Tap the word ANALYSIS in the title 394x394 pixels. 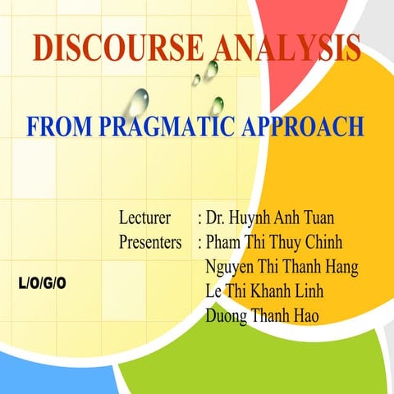point(286,49)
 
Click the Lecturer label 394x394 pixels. point(144,219)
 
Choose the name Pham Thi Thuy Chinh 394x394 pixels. point(274,243)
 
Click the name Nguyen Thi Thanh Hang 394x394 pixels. point(282,267)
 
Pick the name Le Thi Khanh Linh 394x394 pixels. point(264,291)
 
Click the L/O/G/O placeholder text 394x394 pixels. point(42,284)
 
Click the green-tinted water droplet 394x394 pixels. point(218,105)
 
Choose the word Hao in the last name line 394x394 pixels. point(304,314)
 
